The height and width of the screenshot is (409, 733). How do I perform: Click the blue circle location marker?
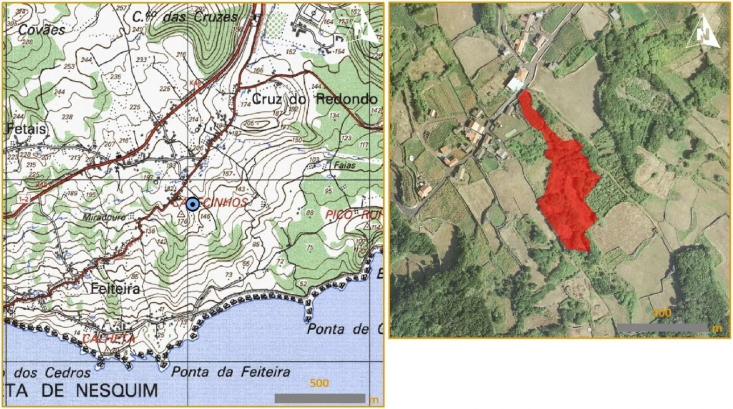tap(193, 204)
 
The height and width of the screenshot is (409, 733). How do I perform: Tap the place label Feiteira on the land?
tap(115, 289)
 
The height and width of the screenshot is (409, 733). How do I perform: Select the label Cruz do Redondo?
tap(314, 99)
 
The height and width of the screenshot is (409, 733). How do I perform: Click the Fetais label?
tap(26, 130)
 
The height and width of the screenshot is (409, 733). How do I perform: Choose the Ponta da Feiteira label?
tap(230, 373)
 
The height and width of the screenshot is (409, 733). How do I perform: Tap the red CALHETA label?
tap(109, 339)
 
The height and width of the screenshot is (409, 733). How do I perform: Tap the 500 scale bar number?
tap(319, 383)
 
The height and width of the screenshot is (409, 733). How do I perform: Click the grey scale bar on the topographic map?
tap(319, 398)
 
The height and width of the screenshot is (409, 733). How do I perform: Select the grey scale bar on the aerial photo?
tap(662, 328)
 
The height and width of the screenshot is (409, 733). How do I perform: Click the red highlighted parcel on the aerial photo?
tap(566, 182)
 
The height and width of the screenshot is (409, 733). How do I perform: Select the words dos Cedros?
tap(52, 373)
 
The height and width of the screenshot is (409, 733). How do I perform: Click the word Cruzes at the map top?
tap(214, 17)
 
